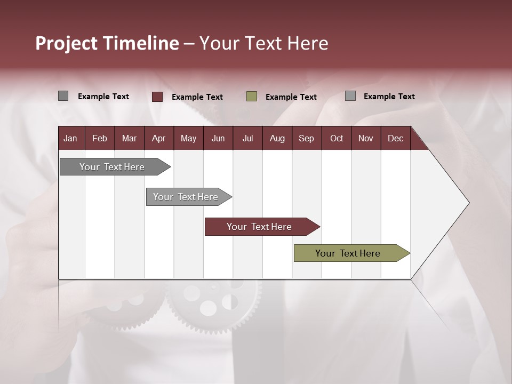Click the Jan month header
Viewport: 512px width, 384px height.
(71, 138)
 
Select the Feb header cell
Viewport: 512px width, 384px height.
(100, 138)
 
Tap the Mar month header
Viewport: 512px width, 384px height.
(129, 138)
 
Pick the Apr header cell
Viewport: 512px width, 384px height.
(159, 138)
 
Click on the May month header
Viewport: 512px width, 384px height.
(188, 138)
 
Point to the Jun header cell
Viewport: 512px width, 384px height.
(218, 138)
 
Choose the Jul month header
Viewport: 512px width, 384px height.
(247, 138)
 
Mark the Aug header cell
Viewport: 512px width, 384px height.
(277, 138)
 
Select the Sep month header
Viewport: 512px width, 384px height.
(307, 138)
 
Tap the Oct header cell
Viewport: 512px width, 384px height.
(337, 138)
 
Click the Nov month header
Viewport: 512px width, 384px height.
(366, 138)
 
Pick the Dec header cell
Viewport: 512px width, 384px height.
(396, 138)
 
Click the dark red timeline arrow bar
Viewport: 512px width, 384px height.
(260, 227)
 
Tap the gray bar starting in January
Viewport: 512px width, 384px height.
(113, 167)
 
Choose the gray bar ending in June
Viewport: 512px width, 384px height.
(186, 197)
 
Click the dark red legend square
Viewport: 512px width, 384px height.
(157, 97)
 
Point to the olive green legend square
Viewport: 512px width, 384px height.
(252, 97)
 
